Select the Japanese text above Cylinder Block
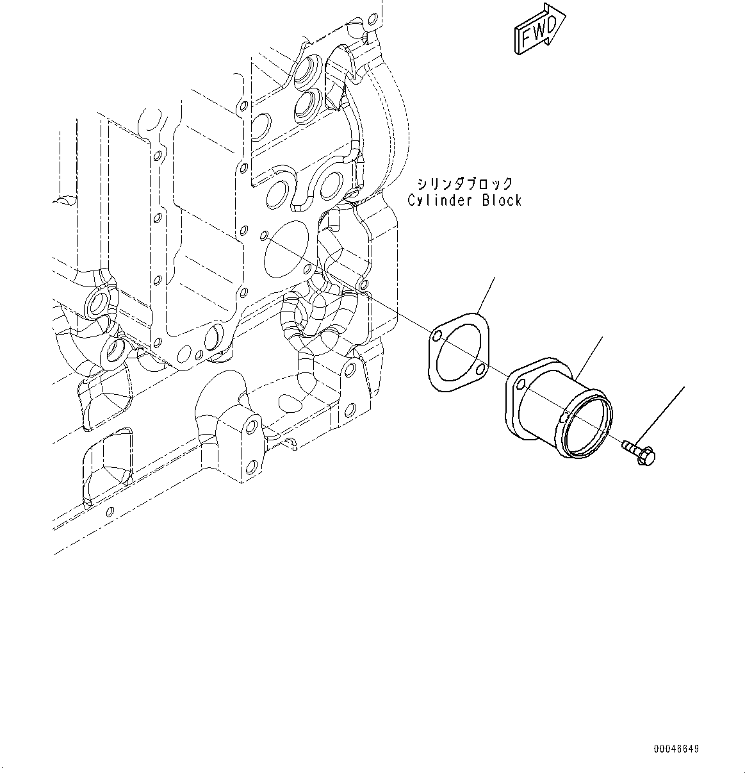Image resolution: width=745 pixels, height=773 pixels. click(x=464, y=184)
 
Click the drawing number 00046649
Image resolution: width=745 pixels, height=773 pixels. click(x=676, y=749)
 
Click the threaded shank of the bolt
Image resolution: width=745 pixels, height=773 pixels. click(x=631, y=445)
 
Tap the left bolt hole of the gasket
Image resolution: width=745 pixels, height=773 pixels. click(x=436, y=337)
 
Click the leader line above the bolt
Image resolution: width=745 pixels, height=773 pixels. click(x=663, y=417)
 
